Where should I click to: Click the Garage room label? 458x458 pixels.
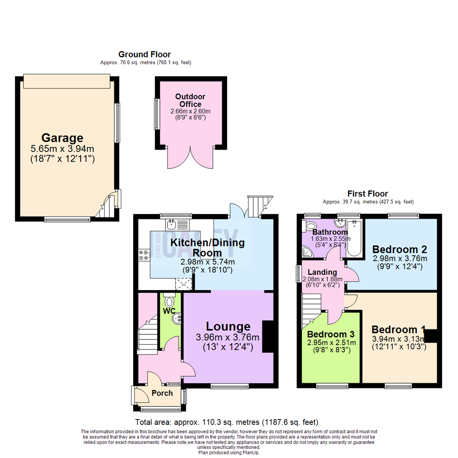(62, 138)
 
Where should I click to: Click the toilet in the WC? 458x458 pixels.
(170, 302)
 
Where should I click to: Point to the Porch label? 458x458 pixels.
(162, 393)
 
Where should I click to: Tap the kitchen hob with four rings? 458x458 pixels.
(143, 254)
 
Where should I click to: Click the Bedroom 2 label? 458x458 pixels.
(399, 249)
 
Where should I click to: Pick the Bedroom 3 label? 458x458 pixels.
(331, 334)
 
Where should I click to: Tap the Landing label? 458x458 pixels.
(322, 272)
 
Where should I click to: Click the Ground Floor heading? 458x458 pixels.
(144, 54)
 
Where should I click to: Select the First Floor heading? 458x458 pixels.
(368, 194)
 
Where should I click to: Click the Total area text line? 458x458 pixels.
(226, 422)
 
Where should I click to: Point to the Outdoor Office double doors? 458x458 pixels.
(190, 159)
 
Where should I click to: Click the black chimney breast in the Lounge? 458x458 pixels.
(268, 337)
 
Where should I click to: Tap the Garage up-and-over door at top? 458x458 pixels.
(67, 81)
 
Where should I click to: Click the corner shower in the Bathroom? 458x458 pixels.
(307, 252)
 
